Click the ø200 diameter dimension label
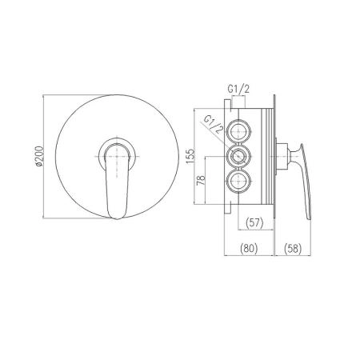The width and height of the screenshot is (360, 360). pyautogui.click(x=39, y=157)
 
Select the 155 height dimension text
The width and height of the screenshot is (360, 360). pyautogui.click(x=190, y=157)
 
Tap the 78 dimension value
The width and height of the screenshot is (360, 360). pyautogui.click(x=201, y=181)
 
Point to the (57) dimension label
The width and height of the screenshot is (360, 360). pyautogui.click(x=254, y=222)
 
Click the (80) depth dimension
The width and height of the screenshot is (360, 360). pyautogui.click(x=249, y=248)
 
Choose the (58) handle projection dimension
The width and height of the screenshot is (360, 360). pyautogui.click(x=293, y=248)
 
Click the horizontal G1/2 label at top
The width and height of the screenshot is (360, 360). pyautogui.click(x=238, y=90)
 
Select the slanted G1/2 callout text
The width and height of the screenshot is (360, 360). pyautogui.click(x=213, y=124)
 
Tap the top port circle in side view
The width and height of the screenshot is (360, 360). pyautogui.click(x=238, y=130)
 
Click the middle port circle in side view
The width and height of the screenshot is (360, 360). pyautogui.click(x=238, y=156)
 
